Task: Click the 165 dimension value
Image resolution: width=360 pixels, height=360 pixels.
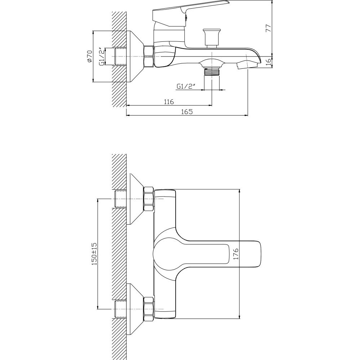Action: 187,112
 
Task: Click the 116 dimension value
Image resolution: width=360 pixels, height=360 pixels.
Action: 169,102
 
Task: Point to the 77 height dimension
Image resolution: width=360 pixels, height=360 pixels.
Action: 268,28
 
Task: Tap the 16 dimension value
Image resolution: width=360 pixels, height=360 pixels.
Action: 268,62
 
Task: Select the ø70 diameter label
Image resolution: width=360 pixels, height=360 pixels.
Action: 89,56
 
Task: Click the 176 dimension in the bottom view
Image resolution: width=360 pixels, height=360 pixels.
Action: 236,254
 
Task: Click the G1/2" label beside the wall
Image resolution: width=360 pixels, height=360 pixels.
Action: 102,57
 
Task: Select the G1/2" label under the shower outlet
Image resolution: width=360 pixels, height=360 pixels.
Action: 186,86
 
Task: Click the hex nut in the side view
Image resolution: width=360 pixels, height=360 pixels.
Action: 148,57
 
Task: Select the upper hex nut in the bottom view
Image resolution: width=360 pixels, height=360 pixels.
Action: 148,199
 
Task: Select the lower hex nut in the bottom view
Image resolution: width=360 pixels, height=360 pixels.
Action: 148,309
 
